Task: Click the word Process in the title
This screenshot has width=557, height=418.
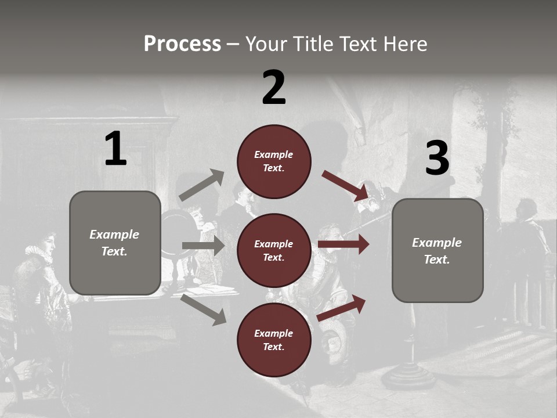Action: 182,44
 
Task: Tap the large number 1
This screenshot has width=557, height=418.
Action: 115,149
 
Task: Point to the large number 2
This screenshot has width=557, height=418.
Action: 274,88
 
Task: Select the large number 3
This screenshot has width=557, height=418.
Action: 437,158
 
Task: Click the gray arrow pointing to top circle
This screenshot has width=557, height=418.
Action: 202,185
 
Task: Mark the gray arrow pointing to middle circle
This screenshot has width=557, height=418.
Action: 203,246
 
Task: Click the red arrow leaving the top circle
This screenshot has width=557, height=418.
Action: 345,186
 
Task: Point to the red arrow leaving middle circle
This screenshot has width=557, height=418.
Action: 343,244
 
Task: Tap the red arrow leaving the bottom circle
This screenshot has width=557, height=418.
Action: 341,308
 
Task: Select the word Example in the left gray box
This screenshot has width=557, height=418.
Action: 114,235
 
